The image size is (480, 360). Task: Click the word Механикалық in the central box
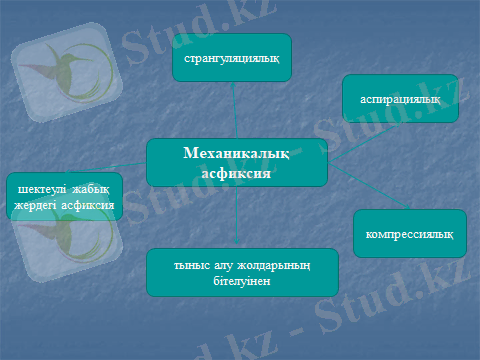(236, 154)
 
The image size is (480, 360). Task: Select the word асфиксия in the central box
(236, 173)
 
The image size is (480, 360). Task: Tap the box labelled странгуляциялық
(232, 57)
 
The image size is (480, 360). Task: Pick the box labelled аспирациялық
(400, 98)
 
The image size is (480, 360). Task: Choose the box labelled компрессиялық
(410, 233)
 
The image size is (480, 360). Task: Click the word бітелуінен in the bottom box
(242, 281)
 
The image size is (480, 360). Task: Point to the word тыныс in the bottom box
(192, 266)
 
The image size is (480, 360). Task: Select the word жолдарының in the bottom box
(274, 266)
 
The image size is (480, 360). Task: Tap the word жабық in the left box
(91, 190)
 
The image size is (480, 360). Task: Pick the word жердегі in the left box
(35, 206)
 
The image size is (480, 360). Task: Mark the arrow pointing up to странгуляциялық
(235, 110)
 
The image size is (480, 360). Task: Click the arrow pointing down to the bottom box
(236, 215)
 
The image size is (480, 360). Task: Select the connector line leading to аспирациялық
(364, 143)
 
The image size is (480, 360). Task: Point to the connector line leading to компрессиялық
(369, 186)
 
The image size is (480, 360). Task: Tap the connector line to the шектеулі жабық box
(106, 167)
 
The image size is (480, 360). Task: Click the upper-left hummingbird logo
(67, 72)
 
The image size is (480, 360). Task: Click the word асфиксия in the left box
(88, 205)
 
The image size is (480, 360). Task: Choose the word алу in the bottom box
(223, 266)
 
